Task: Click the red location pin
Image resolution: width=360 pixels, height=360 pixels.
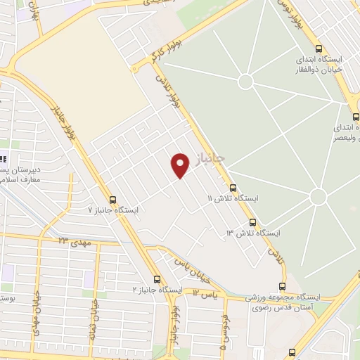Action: tap(181, 165)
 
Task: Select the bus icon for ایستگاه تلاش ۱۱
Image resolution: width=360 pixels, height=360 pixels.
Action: tap(233, 188)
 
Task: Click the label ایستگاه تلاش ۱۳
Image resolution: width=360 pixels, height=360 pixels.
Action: tap(252, 232)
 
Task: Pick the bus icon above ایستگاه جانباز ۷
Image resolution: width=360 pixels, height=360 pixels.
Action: tap(112, 199)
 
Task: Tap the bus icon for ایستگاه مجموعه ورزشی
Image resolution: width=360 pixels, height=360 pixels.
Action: tap(283, 286)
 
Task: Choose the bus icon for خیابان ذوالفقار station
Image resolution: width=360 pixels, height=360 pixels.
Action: tap(319, 49)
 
